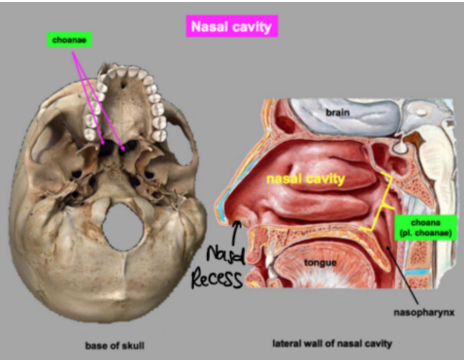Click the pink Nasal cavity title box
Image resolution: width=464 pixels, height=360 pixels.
(x=232, y=26)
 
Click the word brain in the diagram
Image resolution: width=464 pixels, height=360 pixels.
(x=337, y=113)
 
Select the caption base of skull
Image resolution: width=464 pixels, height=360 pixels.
(x=115, y=346)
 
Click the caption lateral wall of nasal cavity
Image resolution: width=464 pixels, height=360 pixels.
(x=332, y=343)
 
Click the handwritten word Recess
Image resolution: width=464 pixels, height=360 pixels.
(x=217, y=279)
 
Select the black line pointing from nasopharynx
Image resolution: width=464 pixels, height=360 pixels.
(x=404, y=278)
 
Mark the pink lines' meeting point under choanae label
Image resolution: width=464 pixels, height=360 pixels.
(x=73, y=52)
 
